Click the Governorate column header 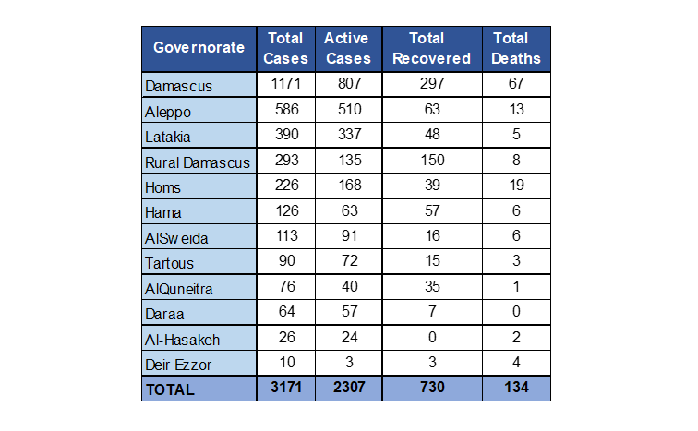(199, 48)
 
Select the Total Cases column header (285, 48)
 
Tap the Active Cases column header (346, 48)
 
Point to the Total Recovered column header (427, 48)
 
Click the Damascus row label (179, 87)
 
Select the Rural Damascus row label (198, 162)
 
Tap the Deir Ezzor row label (183, 364)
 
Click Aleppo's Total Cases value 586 (285, 111)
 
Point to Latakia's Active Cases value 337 (346, 136)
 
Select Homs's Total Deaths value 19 (516, 186)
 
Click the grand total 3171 (285, 388)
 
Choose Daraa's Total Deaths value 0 (516, 313)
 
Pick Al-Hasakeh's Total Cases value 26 (285, 338)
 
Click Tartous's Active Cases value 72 (346, 262)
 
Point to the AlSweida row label (177, 238)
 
